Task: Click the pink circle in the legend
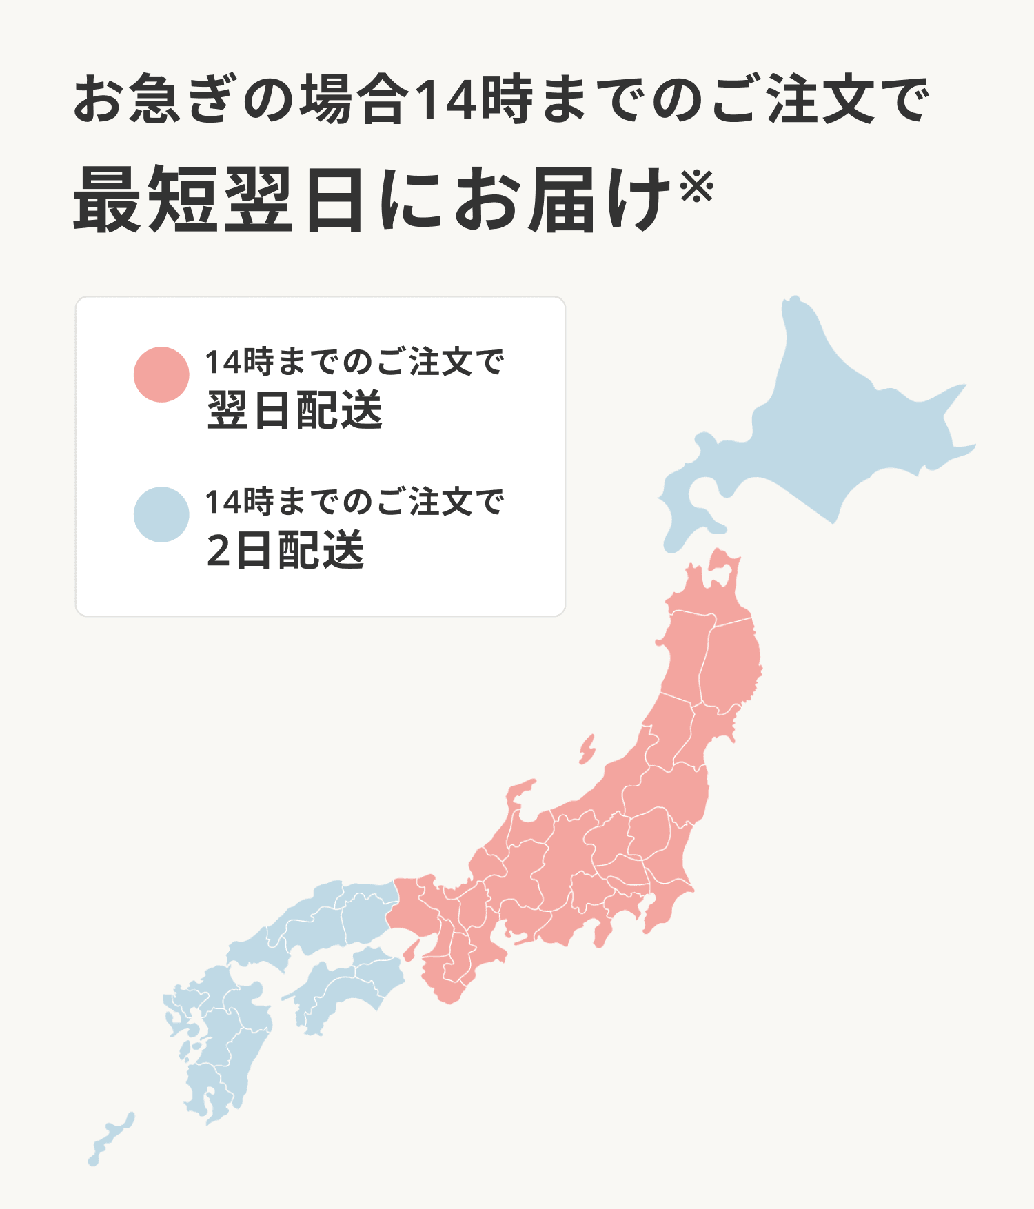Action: click(161, 374)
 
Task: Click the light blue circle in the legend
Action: click(161, 515)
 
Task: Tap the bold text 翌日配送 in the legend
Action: click(294, 411)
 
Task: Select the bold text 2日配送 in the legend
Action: click(285, 551)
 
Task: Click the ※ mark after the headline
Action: click(697, 187)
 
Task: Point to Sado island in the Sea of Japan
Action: click(587, 750)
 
